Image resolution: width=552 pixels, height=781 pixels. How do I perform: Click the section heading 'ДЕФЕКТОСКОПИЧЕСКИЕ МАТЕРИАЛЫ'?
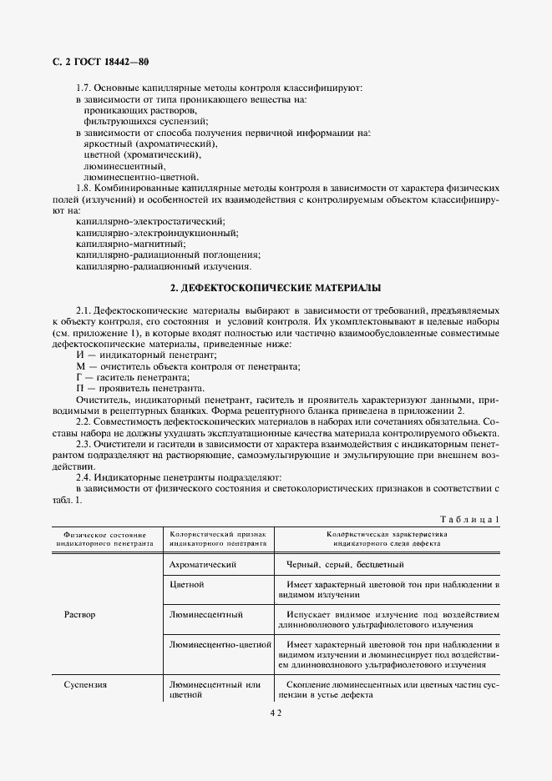(276, 288)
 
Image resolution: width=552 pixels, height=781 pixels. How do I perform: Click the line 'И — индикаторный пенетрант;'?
(145, 355)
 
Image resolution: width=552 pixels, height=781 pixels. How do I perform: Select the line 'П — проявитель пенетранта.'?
(139, 388)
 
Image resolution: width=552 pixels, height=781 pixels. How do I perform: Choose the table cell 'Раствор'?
(79, 615)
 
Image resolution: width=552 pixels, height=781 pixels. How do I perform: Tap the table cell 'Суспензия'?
(85, 685)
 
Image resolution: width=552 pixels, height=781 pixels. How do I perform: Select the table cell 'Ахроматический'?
(203, 565)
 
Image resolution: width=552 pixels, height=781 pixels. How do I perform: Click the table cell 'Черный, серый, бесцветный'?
(344, 565)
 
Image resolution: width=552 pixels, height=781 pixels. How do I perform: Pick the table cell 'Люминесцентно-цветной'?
(221, 645)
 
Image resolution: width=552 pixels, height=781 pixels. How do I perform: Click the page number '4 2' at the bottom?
(276, 713)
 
